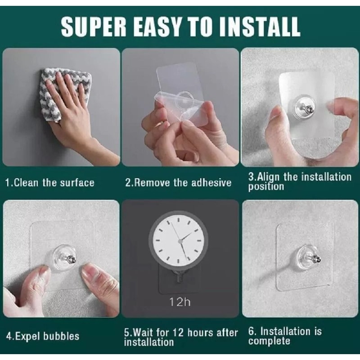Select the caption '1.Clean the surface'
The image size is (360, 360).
pos(49,183)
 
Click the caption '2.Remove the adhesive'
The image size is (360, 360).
pos(178,183)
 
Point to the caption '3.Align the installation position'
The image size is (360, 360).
pos(299,181)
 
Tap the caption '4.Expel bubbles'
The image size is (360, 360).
pos(42,336)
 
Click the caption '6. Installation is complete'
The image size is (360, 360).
pos(285,336)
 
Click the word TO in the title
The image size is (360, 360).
pos(193,27)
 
